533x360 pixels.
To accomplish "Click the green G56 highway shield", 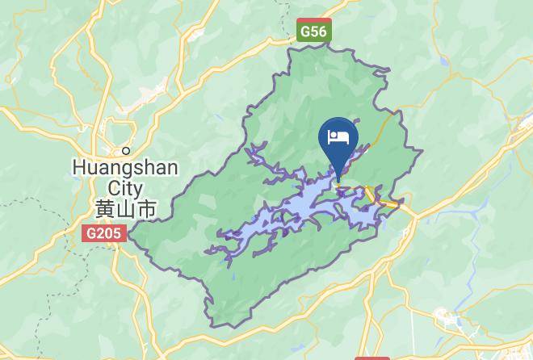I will [x=313, y=31].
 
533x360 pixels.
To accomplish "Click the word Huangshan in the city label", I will [x=125, y=168].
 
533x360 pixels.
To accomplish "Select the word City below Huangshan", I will [x=125, y=187].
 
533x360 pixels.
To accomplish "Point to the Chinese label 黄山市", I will [x=125, y=208].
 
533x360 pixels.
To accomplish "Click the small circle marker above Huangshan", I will [x=126, y=150].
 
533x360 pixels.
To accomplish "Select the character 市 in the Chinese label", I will [x=146, y=208].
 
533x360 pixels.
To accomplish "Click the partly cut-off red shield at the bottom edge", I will [x=371, y=357].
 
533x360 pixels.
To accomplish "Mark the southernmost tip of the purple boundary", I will [x=214, y=326].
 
